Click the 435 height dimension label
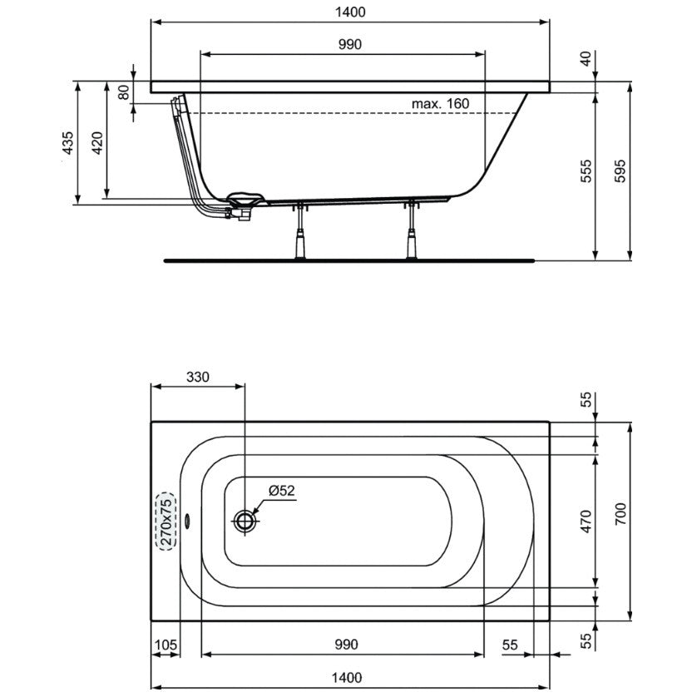click(x=67, y=143)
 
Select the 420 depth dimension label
click(x=97, y=143)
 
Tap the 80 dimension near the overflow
click(x=124, y=92)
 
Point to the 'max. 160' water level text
click(x=440, y=104)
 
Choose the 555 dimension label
click(x=586, y=171)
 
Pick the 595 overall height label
click(x=620, y=171)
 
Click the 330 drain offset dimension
click(x=197, y=377)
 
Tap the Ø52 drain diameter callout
click(x=282, y=490)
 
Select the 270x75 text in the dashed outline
click(x=166, y=522)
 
